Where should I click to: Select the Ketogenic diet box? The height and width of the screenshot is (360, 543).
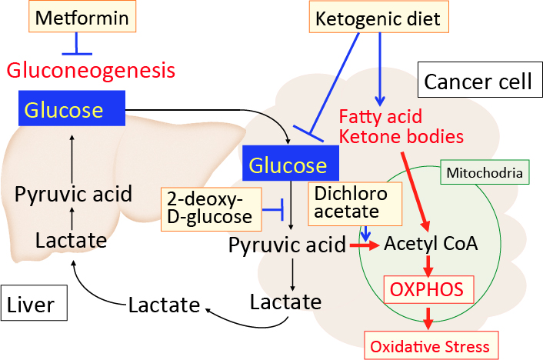[x=378, y=17]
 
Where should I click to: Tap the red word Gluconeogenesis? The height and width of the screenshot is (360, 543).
[x=92, y=71]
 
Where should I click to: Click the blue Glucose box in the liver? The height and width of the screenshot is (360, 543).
[x=72, y=108]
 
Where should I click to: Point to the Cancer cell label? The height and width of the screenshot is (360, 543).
[x=478, y=81]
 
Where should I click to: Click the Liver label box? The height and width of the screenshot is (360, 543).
[x=33, y=305]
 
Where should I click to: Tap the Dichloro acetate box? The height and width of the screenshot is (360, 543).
[x=346, y=203]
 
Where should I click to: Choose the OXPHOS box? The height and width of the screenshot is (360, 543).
[x=428, y=290]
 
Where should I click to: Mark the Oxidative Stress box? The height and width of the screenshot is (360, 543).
[x=430, y=346]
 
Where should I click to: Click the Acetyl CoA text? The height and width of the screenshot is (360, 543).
[x=431, y=244]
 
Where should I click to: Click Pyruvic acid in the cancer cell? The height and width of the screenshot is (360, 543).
[x=287, y=245]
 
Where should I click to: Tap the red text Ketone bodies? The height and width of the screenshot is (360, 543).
[x=401, y=137]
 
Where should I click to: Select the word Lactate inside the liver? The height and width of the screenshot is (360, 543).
[x=71, y=240]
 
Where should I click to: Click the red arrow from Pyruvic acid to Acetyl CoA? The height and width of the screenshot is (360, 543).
[x=365, y=245]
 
